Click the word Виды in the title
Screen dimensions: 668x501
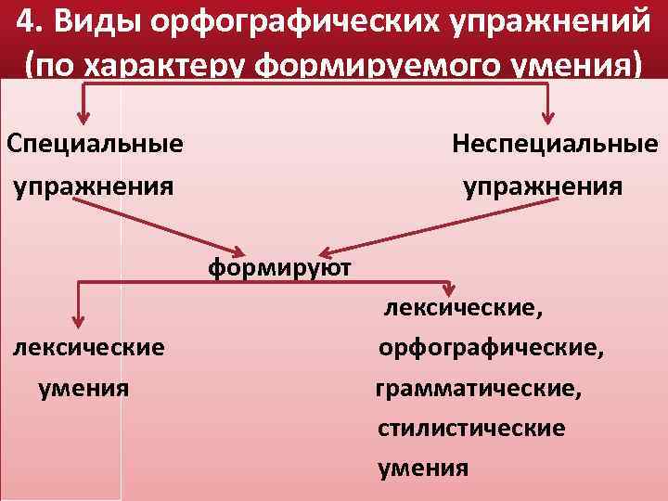pyautogui.click(x=87, y=21)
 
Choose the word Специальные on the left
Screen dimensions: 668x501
pyautogui.click(x=94, y=144)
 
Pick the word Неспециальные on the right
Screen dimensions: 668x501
pyautogui.click(x=555, y=144)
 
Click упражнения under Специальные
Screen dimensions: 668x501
pyautogui.click(x=93, y=186)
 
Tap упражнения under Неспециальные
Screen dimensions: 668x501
pyautogui.click(x=543, y=186)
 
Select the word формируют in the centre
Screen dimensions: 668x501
pyautogui.click(x=279, y=268)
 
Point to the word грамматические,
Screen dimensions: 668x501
pyautogui.click(x=479, y=390)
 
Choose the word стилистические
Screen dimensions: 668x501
pyautogui.click(x=471, y=429)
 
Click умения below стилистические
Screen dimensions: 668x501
pyautogui.click(x=423, y=467)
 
